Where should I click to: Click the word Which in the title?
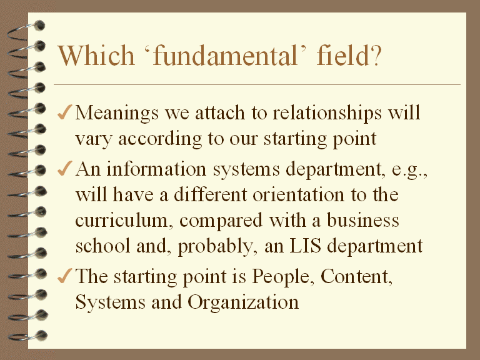(x=96, y=56)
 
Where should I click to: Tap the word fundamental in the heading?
(x=225, y=56)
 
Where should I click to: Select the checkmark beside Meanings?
(x=64, y=112)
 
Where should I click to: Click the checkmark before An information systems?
(x=64, y=168)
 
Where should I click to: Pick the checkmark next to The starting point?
(x=64, y=276)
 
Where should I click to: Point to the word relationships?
(x=327, y=114)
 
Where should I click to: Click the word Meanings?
(x=117, y=114)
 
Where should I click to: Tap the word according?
(x=160, y=139)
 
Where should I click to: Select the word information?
(x=156, y=169)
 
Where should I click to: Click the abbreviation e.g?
(x=409, y=171)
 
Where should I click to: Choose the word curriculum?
(x=121, y=221)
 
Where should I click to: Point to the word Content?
(x=355, y=277)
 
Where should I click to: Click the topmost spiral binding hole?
(x=39, y=26)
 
